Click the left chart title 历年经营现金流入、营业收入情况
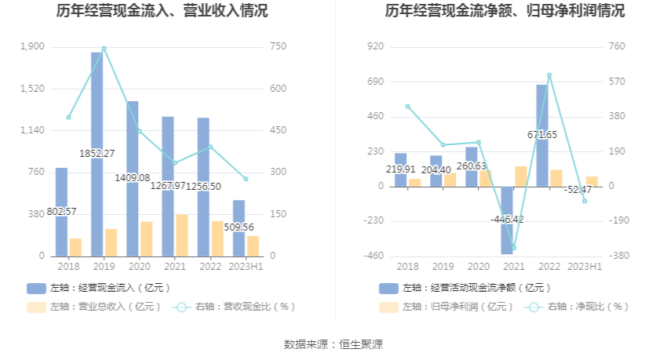162,11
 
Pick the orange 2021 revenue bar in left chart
182,235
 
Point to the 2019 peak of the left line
104,49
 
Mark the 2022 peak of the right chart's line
549,75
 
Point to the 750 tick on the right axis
278,47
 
